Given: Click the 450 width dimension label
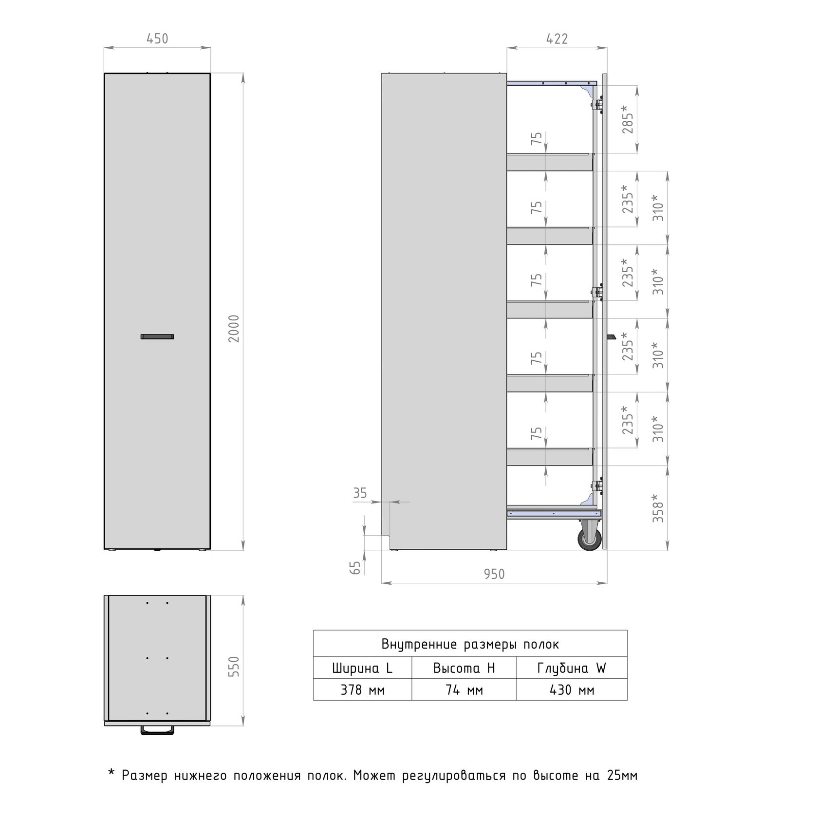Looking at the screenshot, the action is (157, 38).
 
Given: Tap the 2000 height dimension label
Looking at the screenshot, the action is (234, 329).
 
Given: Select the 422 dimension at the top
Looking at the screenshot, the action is (557, 38).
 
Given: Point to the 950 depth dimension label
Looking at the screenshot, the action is (494, 575).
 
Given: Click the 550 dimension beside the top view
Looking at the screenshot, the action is (234, 667).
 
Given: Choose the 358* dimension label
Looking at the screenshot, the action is (658, 508).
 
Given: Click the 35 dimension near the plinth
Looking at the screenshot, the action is (360, 493).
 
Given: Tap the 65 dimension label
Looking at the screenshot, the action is (356, 567).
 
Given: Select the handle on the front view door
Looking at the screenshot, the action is (157, 336).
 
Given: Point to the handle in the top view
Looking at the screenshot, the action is (157, 730).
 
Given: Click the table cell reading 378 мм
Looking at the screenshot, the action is (362, 690).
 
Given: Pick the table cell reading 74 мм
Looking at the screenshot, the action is (464, 690).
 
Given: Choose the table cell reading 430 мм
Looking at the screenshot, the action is (572, 690).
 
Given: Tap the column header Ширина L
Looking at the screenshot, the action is (362, 668).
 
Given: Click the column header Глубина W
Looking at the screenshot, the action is (572, 669).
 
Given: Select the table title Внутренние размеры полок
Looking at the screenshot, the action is (470, 645).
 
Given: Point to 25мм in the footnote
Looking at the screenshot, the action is (622, 775).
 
